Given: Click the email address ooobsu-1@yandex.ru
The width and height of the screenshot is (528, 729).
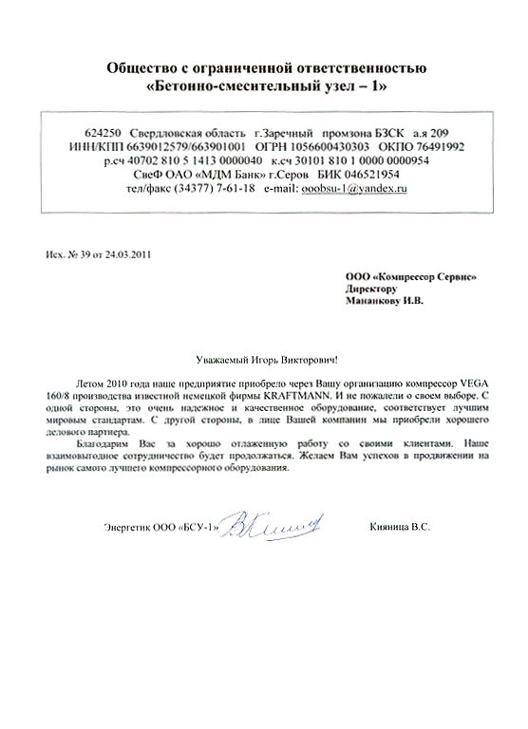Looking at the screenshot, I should [354, 190].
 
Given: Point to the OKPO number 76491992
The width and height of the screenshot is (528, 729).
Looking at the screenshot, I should [435, 148].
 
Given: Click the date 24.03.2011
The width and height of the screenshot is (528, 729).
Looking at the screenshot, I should [125, 254].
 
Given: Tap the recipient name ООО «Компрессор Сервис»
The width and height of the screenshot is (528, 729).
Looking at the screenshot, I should [410, 275].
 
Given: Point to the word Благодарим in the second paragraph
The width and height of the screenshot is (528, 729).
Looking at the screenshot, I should [99, 443].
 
